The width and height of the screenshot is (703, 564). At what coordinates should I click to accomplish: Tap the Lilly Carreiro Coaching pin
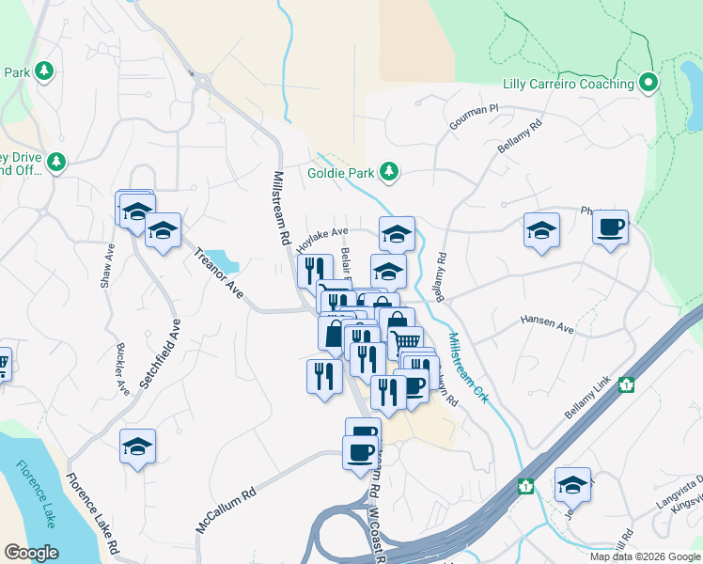coord(648,84)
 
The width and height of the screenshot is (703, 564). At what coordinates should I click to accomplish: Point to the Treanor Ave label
coord(218,274)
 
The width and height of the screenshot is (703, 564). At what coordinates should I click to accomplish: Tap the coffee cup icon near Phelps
coord(610,227)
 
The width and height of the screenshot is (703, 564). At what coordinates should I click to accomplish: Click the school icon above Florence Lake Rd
coord(137,447)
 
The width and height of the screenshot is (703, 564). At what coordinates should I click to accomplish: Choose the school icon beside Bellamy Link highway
coord(572,485)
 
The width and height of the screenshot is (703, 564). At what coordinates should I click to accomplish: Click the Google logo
coord(31,553)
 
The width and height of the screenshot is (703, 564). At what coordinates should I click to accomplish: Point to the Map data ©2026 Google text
coord(644,556)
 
